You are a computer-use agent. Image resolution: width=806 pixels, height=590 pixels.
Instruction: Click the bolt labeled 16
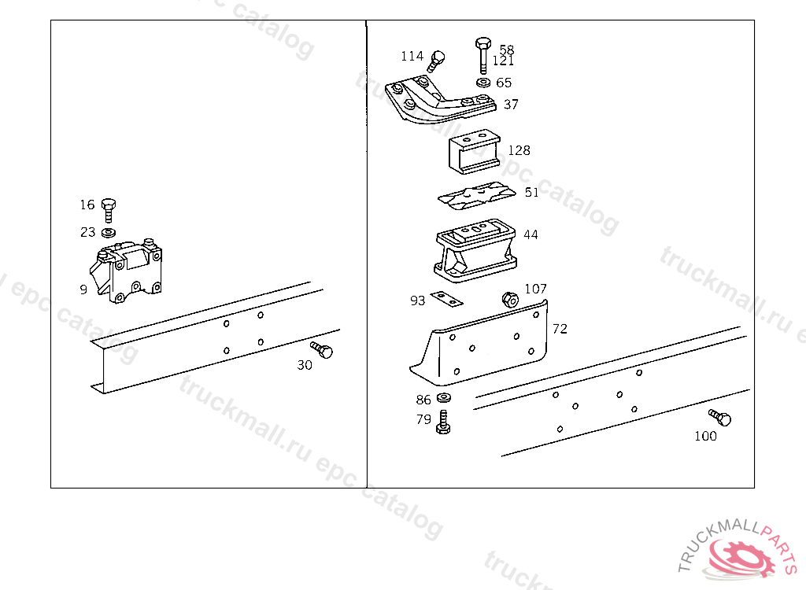pos(108,210)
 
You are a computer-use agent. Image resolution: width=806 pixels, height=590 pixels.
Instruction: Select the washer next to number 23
pos(108,233)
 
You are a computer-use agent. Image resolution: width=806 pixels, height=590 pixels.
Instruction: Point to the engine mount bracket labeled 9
pos(126,271)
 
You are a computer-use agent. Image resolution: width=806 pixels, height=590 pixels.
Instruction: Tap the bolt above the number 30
pos(322,350)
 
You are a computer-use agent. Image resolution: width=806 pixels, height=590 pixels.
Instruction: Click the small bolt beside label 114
pos(435,61)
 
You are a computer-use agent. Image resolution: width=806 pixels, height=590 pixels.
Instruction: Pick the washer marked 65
pos(483,83)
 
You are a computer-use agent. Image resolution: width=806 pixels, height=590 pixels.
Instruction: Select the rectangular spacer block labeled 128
pos(474,152)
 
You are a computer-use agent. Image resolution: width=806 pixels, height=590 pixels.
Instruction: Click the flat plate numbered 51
pos(476,196)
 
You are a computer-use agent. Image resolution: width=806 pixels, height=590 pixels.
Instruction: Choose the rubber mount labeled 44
pos(475,250)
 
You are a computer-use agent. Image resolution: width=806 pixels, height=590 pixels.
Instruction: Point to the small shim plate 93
pos(446,299)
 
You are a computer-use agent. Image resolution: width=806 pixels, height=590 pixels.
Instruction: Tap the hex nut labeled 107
pos(509,299)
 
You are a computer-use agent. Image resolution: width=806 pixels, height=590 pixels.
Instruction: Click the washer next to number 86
pos(444,397)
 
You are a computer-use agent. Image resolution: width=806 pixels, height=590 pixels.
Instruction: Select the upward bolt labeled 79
pos(443,422)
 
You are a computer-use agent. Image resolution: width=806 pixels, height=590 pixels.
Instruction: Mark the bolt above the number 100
pos(719,417)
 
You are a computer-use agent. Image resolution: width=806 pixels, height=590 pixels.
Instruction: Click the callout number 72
pos(560,329)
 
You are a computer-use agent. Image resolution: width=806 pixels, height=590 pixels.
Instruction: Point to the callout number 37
pos(511,105)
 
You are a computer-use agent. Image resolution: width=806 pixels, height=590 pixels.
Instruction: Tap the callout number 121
pos(503,61)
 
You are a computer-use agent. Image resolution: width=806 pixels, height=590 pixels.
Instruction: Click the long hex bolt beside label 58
pos(483,56)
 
